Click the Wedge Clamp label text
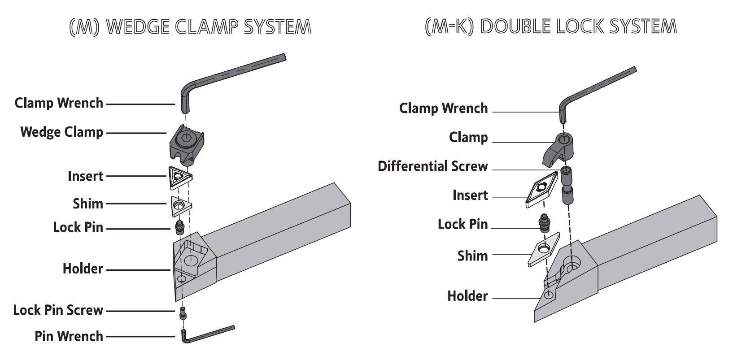coord(61,132)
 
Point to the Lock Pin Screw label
coord(58,310)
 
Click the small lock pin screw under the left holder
coord(183,313)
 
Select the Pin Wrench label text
coord(69,336)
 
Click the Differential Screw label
coord(432,166)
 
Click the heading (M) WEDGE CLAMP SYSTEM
coord(190,27)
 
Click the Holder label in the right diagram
coord(467,296)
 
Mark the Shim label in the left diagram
coord(88,204)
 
